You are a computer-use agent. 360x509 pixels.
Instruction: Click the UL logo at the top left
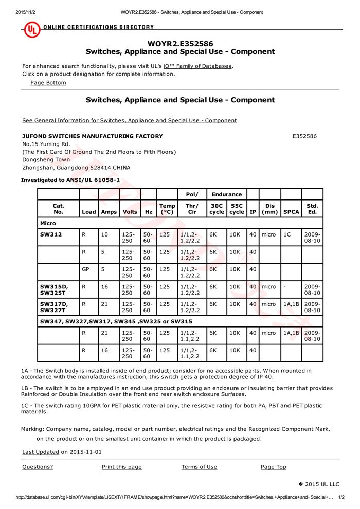click(x=32, y=29)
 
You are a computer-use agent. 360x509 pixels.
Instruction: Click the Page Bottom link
click(x=48, y=83)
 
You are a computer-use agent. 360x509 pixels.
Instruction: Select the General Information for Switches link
click(x=129, y=120)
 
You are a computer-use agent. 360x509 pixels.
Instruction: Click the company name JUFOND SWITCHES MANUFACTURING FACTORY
click(x=93, y=136)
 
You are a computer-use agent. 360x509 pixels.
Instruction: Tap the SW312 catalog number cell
click(x=51, y=234)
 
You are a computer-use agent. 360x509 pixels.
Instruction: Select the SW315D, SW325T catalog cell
click(x=54, y=290)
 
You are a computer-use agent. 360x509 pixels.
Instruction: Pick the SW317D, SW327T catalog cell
click(x=54, y=307)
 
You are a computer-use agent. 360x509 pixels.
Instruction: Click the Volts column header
click(x=130, y=211)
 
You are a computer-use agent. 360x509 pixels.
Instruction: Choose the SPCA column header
click(x=291, y=211)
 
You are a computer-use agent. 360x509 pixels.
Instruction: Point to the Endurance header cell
click(x=226, y=194)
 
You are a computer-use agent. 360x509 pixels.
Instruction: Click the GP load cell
click(x=85, y=269)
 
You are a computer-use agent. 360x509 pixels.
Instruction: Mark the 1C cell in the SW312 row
click(x=287, y=234)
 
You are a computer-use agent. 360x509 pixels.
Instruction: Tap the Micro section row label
click(x=48, y=223)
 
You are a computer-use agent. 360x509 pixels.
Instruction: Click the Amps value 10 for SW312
click(x=104, y=234)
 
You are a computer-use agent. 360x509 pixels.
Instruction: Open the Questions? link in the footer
click(x=38, y=467)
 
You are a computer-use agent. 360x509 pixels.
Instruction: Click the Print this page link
click(x=121, y=467)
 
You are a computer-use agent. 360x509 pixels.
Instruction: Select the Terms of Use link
click(x=199, y=467)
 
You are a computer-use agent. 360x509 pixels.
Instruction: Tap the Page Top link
click(x=273, y=467)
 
